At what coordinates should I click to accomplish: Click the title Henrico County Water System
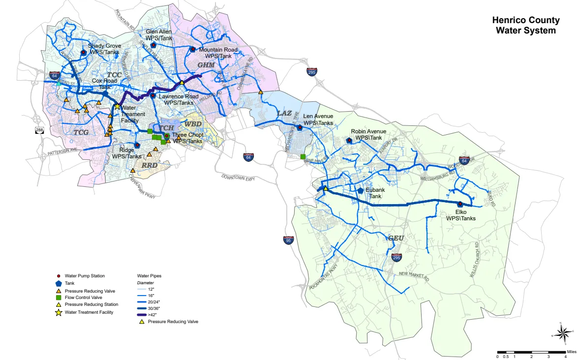(x=526, y=26)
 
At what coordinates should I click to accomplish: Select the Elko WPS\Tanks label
(x=460, y=215)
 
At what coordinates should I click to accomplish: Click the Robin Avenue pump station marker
(x=349, y=140)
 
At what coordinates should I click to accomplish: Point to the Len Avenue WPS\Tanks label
(x=318, y=119)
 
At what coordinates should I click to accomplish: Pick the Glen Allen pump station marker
(x=153, y=45)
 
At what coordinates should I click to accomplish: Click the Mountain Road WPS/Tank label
(x=218, y=53)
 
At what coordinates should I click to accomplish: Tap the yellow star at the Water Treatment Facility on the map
(x=117, y=107)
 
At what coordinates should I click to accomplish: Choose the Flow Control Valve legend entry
(x=84, y=297)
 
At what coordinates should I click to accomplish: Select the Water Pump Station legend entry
(x=84, y=276)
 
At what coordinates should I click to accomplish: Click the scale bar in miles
(x=531, y=352)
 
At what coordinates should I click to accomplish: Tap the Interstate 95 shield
(x=288, y=240)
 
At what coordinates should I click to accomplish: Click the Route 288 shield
(x=39, y=130)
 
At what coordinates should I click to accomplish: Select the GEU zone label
(x=395, y=238)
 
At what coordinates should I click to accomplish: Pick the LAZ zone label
(x=284, y=113)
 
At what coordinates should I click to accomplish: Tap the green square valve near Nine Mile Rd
(x=303, y=157)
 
